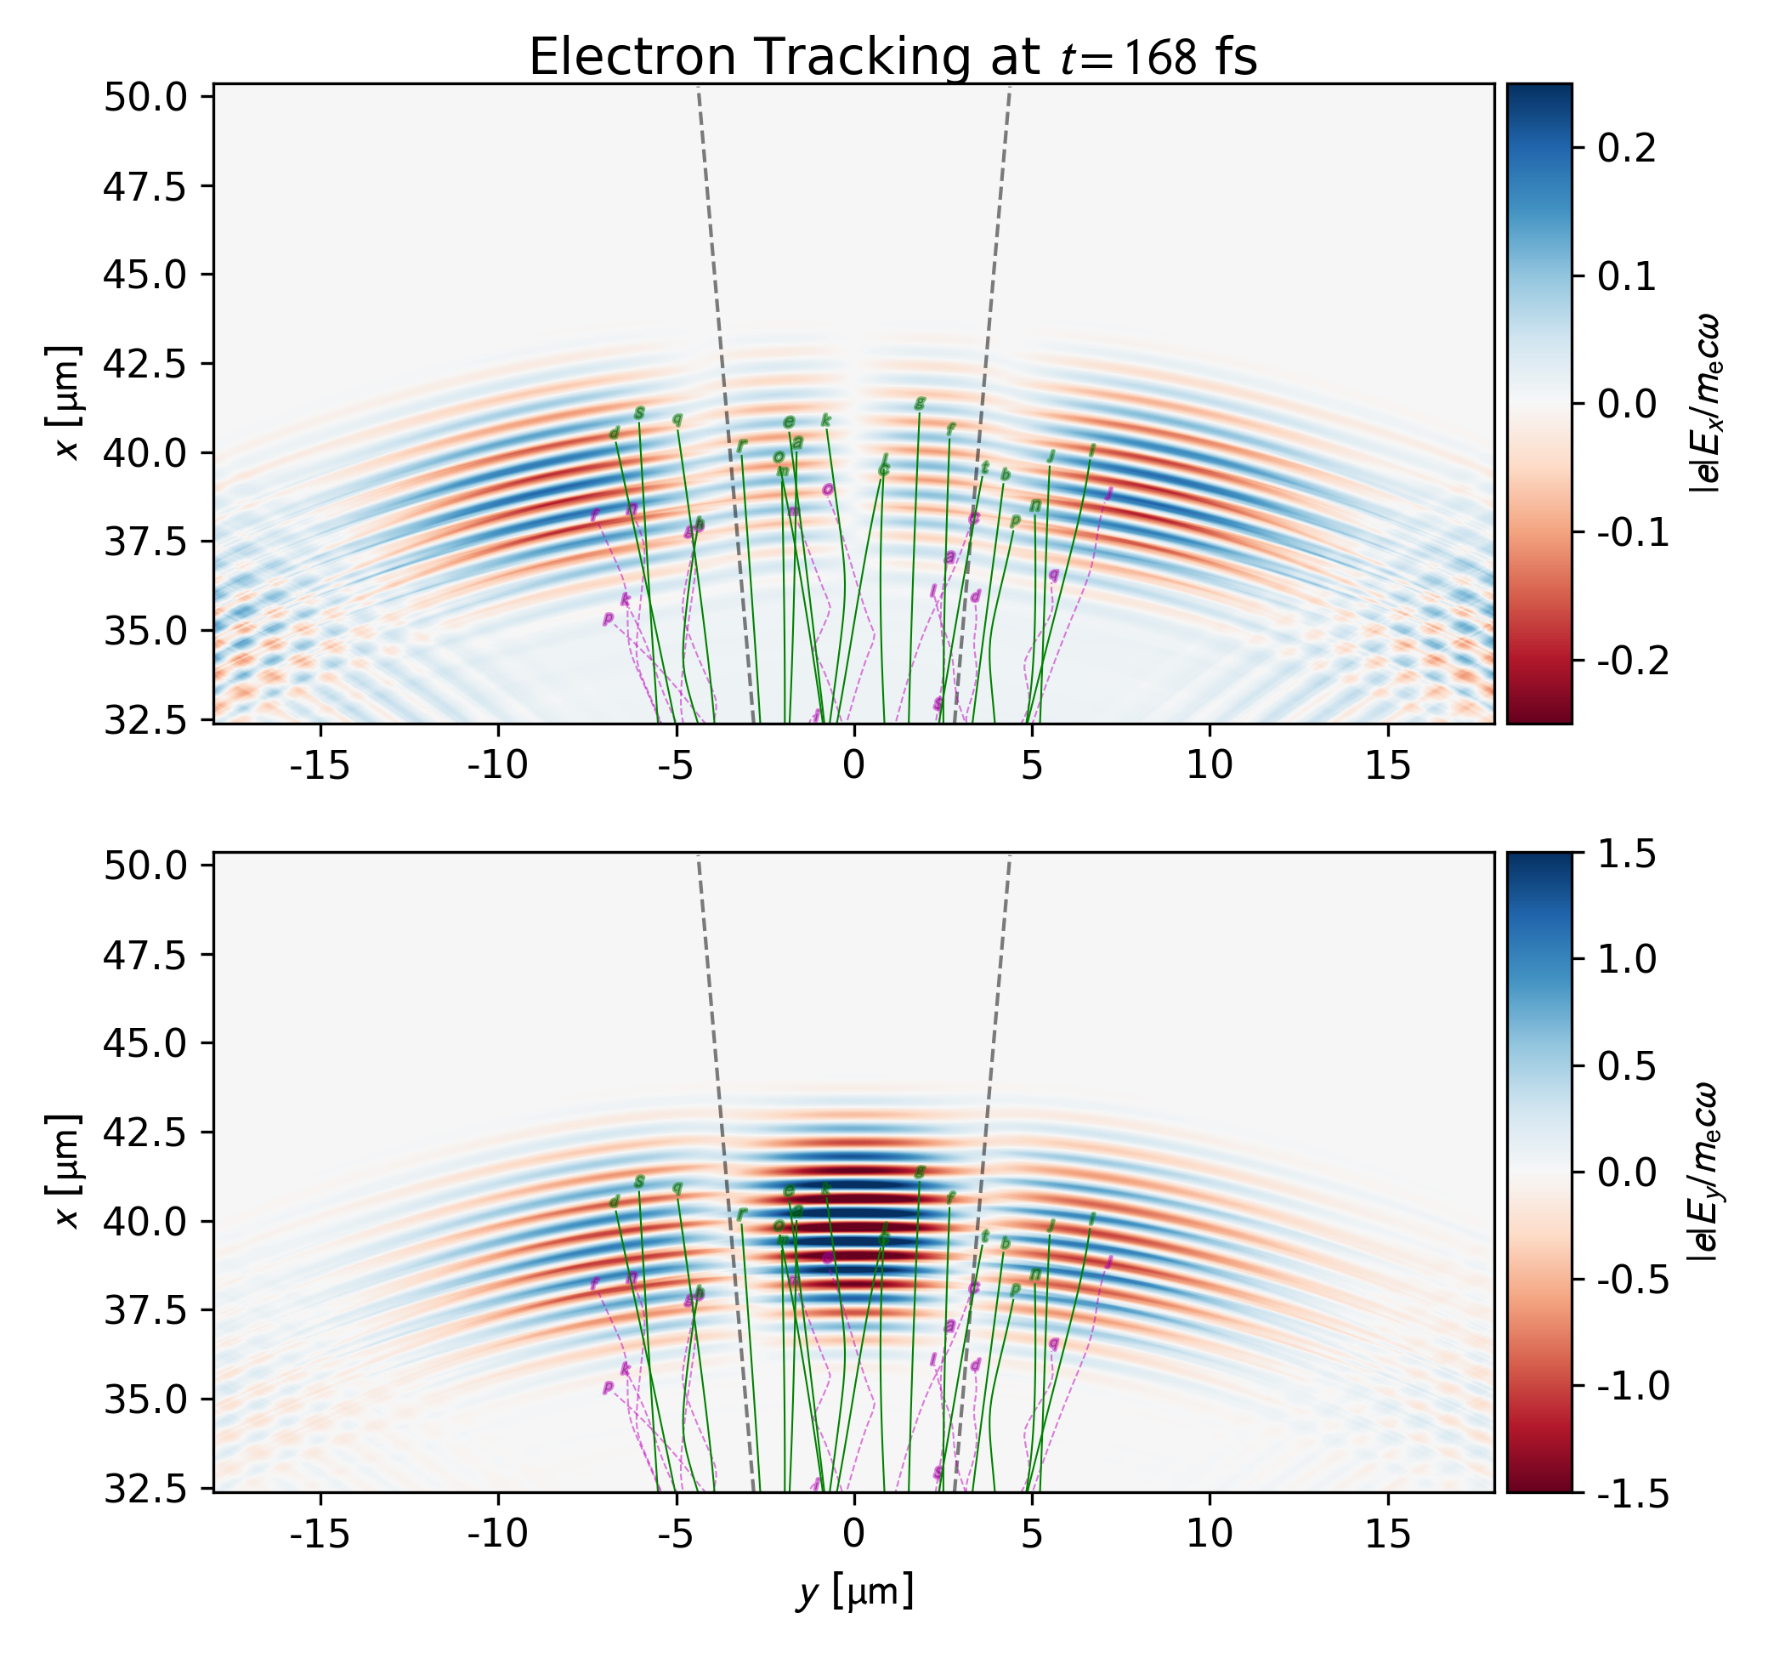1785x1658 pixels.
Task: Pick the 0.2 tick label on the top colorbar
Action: pos(1626,148)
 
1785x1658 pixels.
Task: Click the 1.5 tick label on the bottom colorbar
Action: pos(1626,855)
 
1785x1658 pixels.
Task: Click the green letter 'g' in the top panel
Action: pos(919,404)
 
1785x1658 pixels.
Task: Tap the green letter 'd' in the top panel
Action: pos(615,434)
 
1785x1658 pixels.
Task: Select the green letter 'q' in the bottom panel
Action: pos(677,1187)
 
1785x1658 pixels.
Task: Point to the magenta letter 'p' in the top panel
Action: pos(607,617)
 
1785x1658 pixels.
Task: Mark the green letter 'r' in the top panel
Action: pos(741,445)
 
